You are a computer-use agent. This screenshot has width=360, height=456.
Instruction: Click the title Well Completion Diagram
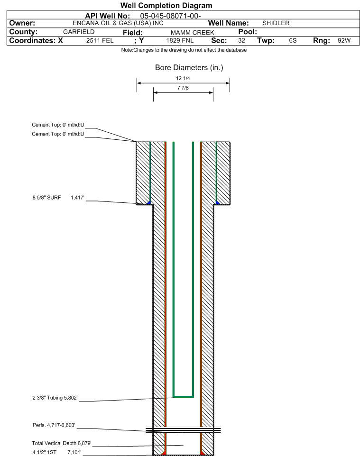(166, 6)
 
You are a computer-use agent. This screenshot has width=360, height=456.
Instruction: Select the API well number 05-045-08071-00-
(170, 16)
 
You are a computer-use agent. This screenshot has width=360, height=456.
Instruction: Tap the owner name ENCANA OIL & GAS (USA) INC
(118, 23)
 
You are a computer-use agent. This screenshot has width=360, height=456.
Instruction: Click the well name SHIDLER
(276, 23)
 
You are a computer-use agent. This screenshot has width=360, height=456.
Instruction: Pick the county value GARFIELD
(79, 32)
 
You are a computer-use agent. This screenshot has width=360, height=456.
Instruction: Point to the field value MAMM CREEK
(193, 33)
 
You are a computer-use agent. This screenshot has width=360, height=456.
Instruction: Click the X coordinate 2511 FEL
(100, 40)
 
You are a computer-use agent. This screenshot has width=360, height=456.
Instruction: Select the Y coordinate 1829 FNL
(180, 40)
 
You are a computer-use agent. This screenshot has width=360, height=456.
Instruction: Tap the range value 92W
(344, 40)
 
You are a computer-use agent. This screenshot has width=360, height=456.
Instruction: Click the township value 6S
(293, 40)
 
